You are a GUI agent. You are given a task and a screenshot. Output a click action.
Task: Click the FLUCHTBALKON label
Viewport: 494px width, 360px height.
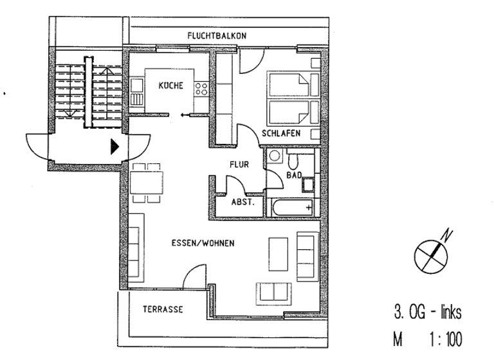(x=217, y=36)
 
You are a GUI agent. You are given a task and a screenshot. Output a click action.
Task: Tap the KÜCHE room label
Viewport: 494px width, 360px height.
(x=172, y=85)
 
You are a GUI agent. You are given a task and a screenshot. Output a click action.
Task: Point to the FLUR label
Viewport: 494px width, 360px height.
(x=239, y=165)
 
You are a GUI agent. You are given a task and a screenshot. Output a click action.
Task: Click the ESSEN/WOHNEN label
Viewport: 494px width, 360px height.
(x=203, y=244)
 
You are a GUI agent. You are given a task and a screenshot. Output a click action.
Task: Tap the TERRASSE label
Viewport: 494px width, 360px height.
(x=163, y=309)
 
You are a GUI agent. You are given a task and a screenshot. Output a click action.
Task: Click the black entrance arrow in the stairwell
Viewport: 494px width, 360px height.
(x=114, y=147)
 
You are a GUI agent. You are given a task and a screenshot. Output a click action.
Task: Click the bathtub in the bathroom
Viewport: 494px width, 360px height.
(x=292, y=208)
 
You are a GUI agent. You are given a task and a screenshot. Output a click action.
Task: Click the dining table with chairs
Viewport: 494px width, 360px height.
(x=147, y=182)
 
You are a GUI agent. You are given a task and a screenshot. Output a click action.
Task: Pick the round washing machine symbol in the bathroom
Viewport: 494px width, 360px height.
(x=275, y=156)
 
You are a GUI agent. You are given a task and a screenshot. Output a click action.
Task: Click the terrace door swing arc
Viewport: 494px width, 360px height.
(x=193, y=278)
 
